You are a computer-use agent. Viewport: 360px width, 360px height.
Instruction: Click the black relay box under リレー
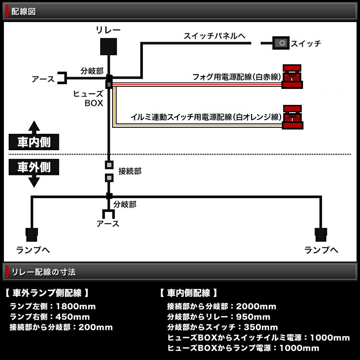coord(108,47)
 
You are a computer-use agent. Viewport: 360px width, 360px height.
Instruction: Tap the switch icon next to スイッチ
coord(281,43)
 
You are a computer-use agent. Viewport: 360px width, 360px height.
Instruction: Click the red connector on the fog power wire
coord(292,76)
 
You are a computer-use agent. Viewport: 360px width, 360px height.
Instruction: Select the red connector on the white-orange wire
coord(292,117)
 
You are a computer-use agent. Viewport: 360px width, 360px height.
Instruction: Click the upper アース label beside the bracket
coord(43,79)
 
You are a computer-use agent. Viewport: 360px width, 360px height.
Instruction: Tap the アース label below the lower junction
coord(108,223)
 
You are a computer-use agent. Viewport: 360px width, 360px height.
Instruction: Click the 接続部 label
coord(129,171)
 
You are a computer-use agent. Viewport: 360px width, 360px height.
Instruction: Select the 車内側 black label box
coord(34,142)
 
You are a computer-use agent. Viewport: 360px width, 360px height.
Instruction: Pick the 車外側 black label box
coord(34,167)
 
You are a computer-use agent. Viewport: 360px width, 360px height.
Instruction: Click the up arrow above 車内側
coord(34,126)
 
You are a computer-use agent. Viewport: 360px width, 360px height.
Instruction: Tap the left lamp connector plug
coord(32,234)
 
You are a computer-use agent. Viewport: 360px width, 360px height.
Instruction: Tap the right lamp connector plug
coord(321,234)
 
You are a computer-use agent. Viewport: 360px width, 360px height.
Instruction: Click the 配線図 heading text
coord(23,12)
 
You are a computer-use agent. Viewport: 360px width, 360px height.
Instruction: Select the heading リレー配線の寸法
coord(43,272)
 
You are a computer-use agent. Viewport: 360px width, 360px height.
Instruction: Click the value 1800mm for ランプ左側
coord(76,306)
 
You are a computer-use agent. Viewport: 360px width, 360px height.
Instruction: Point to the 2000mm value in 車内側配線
coord(257,306)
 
